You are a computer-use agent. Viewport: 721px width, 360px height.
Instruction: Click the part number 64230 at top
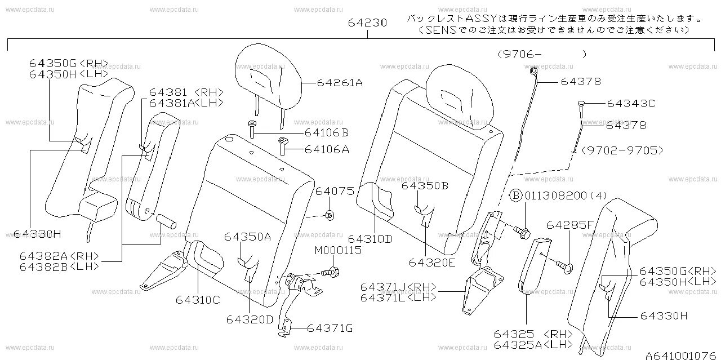click(367, 23)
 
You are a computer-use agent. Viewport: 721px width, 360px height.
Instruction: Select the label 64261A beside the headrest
click(339, 83)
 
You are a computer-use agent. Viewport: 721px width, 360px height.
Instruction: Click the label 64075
click(335, 192)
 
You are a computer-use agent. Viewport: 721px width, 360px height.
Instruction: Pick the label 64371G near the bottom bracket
click(330, 327)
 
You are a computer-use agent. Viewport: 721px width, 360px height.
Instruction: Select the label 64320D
click(250, 319)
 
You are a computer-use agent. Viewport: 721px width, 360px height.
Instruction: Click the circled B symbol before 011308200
click(515, 196)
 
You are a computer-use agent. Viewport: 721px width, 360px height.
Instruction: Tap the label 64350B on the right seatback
click(425, 186)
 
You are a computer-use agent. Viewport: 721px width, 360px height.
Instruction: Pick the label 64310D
click(370, 238)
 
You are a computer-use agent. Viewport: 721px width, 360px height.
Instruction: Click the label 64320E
click(431, 262)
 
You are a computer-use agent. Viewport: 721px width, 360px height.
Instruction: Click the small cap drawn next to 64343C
click(581, 104)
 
